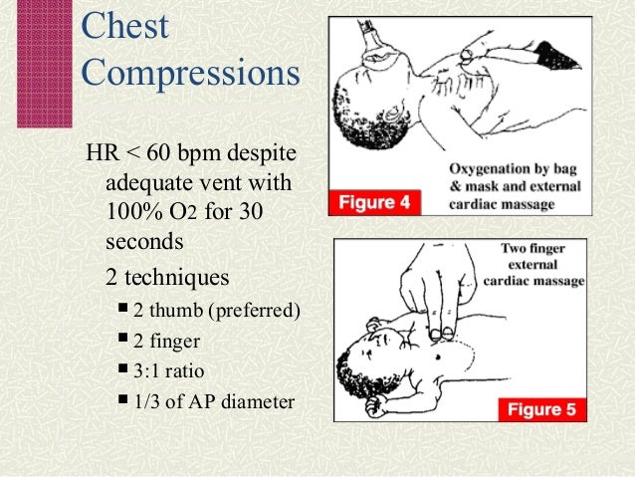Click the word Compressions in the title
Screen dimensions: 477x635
188,75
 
